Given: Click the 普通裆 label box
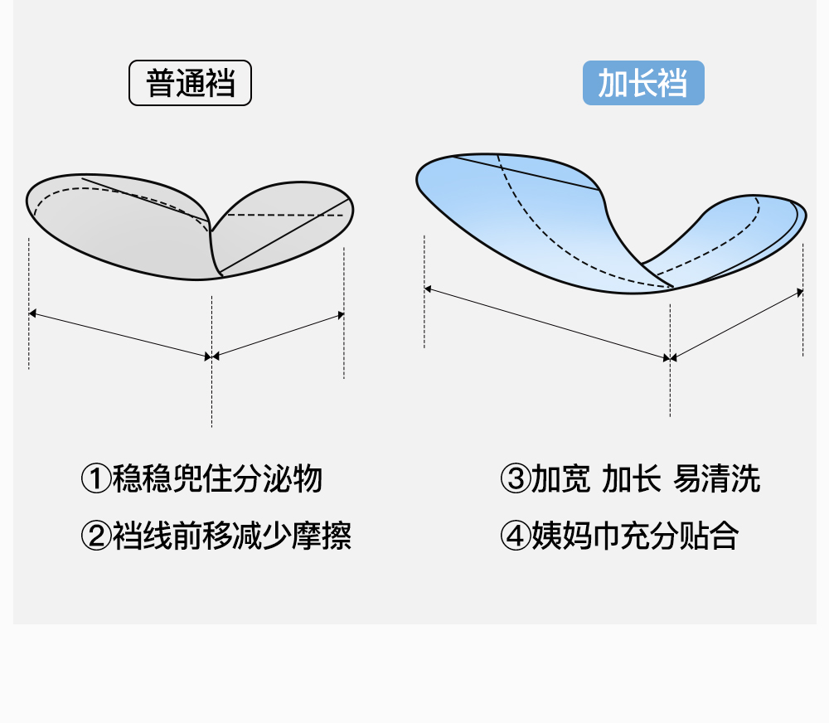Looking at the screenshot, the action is (x=190, y=84).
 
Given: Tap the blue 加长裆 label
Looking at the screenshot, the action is (x=643, y=84).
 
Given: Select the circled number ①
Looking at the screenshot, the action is (x=95, y=479).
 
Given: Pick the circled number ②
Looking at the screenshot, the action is (x=95, y=536).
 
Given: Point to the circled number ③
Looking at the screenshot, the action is (x=515, y=479).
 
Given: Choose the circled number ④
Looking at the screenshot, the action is (x=515, y=536).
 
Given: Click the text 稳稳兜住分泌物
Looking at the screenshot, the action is (x=217, y=479).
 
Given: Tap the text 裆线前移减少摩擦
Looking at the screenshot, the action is (x=232, y=536).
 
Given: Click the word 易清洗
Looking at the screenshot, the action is (x=716, y=479).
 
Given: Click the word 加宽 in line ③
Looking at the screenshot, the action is (x=560, y=479).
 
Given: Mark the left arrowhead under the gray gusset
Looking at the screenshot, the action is (x=33, y=313).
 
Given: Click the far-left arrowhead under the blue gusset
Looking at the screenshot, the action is (x=429, y=289).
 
